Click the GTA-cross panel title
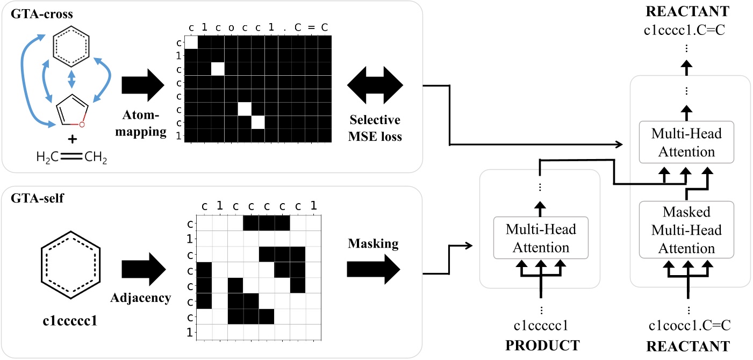point(34,11)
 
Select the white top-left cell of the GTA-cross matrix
point(191,42)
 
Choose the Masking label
point(373,243)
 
